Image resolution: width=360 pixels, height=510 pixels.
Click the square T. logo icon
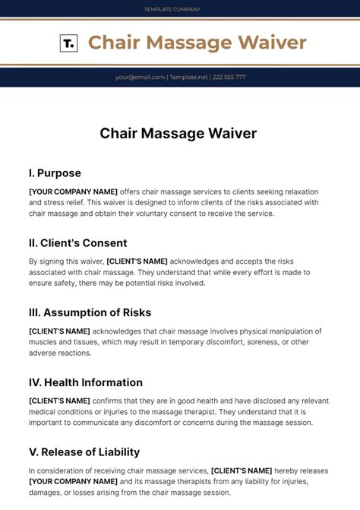click(68, 43)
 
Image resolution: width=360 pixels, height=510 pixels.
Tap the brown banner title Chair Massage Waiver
click(197, 43)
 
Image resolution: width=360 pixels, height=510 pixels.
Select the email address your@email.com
click(141, 77)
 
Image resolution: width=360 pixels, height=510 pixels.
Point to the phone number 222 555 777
click(229, 77)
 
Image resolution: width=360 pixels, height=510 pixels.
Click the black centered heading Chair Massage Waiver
click(178, 133)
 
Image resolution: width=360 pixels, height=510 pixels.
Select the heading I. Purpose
click(55, 173)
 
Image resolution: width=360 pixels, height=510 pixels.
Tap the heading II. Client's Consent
click(77, 242)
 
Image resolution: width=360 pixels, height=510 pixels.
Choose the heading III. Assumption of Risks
click(90, 312)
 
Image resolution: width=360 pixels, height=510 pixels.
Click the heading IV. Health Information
click(86, 382)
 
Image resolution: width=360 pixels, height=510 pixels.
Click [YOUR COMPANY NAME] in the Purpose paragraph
click(73, 192)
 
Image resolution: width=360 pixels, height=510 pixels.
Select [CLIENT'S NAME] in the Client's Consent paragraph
click(137, 261)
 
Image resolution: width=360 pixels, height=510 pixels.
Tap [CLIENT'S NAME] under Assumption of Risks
click(59, 331)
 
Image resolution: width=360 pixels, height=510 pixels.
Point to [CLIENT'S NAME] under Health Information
click(59, 401)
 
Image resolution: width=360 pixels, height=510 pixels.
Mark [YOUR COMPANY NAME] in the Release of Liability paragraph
click(73, 482)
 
